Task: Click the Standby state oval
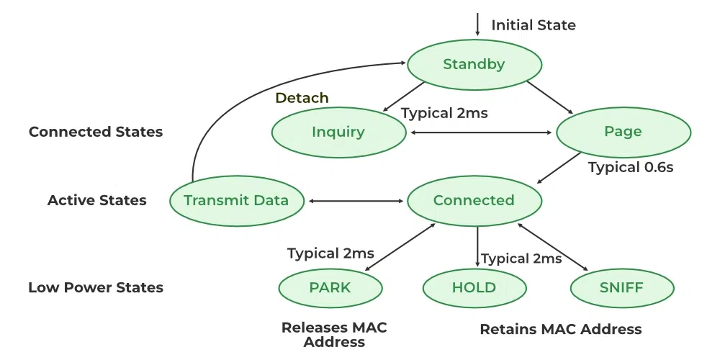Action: [474, 65]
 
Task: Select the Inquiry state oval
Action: [338, 132]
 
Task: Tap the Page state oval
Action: [624, 132]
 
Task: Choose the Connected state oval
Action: [474, 200]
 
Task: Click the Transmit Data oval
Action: [236, 200]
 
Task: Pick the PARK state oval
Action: [330, 288]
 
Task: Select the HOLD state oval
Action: [474, 288]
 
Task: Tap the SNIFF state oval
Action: [622, 288]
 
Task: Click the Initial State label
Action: [534, 25]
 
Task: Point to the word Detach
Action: [302, 98]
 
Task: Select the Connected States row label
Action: [96, 132]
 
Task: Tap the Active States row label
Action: [97, 200]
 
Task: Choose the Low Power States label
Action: [96, 287]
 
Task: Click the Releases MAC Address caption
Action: [334, 334]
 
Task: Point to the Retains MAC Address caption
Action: [560, 329]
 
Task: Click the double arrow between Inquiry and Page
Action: [481, 132]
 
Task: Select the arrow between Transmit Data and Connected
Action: [355, 200]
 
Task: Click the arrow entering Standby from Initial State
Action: [477, 24]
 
